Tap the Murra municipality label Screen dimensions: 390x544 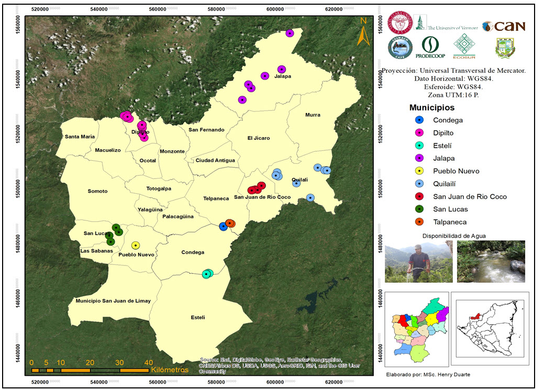[x=313, y=115]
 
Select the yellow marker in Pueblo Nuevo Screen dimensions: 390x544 [x=136, y=245]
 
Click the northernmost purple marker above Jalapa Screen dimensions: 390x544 [x=290, y=34]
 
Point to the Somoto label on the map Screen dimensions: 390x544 [x=98, y=191]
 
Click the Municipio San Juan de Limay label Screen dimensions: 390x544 [x=113, y=300]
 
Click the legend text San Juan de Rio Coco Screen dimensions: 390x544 [x=470, y=197]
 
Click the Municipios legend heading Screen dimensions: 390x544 [x=432, y=108]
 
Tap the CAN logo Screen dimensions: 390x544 [x=504, y=26]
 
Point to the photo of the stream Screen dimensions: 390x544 [x=491, y=261]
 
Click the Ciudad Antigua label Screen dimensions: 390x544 [x=215, y=160]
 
